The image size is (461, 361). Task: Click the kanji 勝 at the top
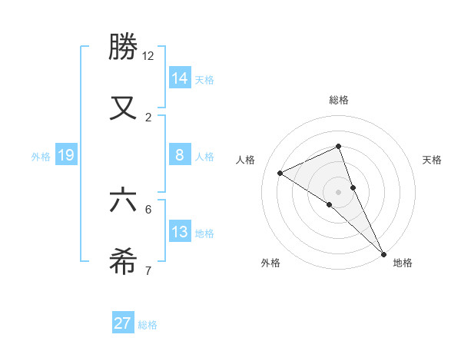(x=124, y=48)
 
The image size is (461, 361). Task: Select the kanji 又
(x=124, y=107)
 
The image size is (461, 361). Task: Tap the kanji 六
(x=124, y=200)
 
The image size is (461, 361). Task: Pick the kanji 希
(x=124, y=262)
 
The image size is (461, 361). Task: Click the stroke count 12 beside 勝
(x=148, y=56)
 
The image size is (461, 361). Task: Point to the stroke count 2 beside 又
(x=148, y=117)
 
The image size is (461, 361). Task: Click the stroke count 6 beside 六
(x=148, y=209)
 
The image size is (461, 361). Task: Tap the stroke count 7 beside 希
(x=148, y=270)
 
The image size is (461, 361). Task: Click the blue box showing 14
(x=180, y=78)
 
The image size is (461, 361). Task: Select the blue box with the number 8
(x=180, y=155)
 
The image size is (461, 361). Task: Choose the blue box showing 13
(x=180, y=232)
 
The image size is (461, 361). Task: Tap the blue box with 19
(x=66, y=155)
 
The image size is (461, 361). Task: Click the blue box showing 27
(x=123, y=323)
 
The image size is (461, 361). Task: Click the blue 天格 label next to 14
(x=204, y=79)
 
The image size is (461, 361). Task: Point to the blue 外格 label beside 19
(x=41, y=156)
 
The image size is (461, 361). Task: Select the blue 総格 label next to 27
(x=148, y=325)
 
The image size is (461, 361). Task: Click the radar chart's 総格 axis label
(x=339, y=100)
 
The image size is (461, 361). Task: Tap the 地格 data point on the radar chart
(x=383, y=253)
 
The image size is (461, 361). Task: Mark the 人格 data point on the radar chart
(x=280, y=173)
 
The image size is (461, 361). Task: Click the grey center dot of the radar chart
(x=339, y=191)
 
